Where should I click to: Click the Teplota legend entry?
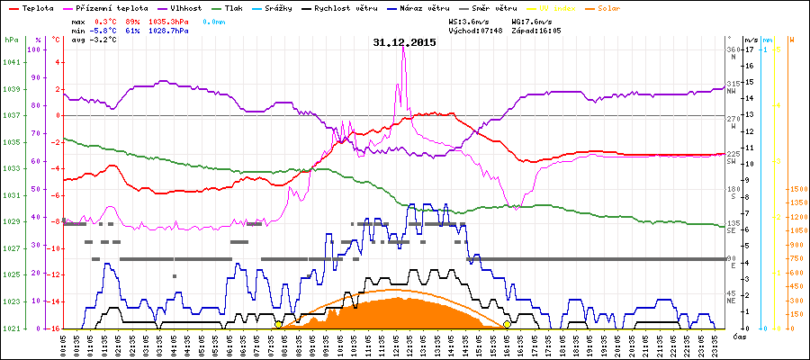point(36,7)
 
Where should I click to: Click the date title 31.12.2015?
point(404,41)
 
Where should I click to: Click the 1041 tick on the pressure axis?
point(12,62)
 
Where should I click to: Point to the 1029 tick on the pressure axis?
point(12,221)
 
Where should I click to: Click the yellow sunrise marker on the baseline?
point(278,324)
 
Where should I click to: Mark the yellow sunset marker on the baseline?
point(507,324)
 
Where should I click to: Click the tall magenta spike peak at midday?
point(403,49)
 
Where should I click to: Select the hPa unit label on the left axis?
point(10,40)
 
